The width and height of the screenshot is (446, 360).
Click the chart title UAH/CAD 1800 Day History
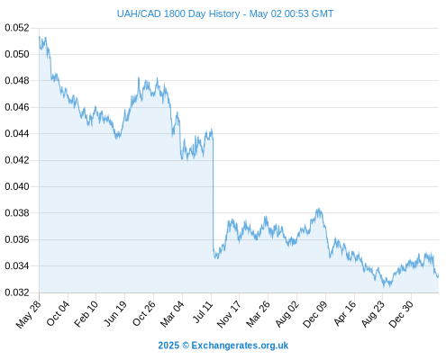tap(178, 13)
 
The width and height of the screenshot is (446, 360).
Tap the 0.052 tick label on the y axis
tap(17, 28)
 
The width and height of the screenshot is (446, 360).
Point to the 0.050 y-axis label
tap(17, 54)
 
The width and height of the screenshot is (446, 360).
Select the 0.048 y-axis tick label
tap(17, 81)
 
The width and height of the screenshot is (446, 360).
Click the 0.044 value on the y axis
tap(17, 133)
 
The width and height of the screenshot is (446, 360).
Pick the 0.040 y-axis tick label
tap(17, 186)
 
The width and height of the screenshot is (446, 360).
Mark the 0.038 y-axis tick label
tap(17, 213)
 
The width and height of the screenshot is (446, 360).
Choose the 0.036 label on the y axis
tap(17, 239)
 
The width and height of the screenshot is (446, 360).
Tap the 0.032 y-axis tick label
tap(17, 292)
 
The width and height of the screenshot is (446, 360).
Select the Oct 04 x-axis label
tap(58, 313)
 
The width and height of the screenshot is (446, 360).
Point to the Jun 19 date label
tap(115, 313)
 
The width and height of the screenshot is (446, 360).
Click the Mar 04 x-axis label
tap(172, 314)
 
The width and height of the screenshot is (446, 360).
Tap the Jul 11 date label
tap(203, 312)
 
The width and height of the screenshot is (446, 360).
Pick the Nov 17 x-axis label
tap(229, 314)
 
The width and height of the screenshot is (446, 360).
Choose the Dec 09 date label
tap(314, 314)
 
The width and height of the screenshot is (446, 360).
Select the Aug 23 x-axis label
tap(372, 314)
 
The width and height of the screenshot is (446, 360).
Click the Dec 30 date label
tap(401, 314)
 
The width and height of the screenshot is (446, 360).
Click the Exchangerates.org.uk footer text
tap(240, 346)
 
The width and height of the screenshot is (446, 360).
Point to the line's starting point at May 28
tap(40, 37)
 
